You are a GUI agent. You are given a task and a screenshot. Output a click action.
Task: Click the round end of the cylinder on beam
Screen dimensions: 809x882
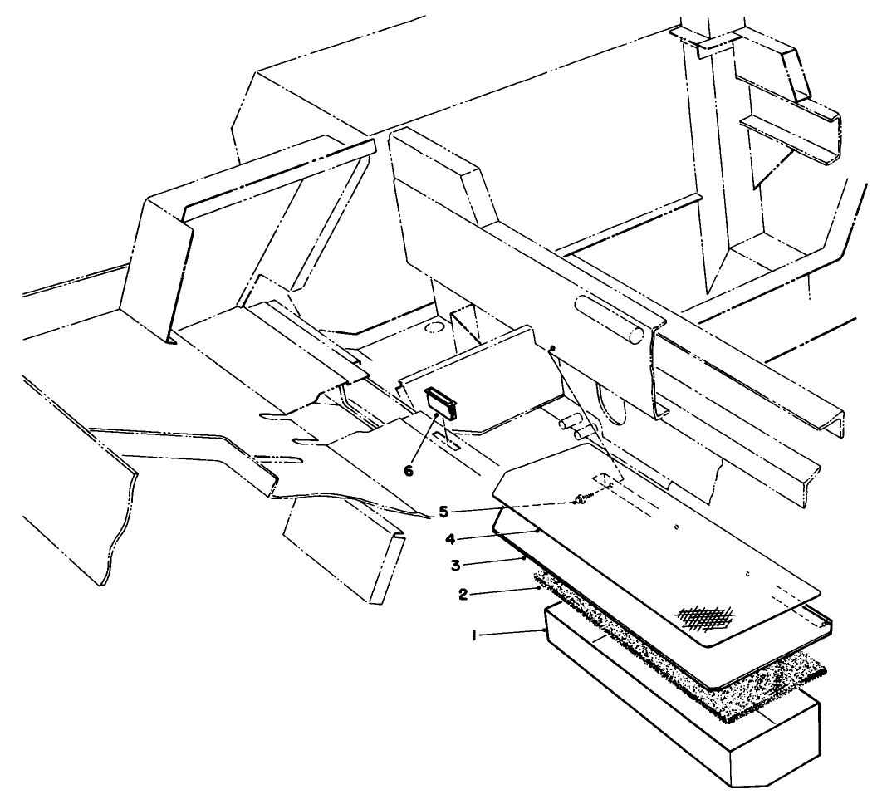tap(636, 336)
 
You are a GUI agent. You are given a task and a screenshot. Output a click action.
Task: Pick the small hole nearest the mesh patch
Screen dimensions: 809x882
tap(747, 573)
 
